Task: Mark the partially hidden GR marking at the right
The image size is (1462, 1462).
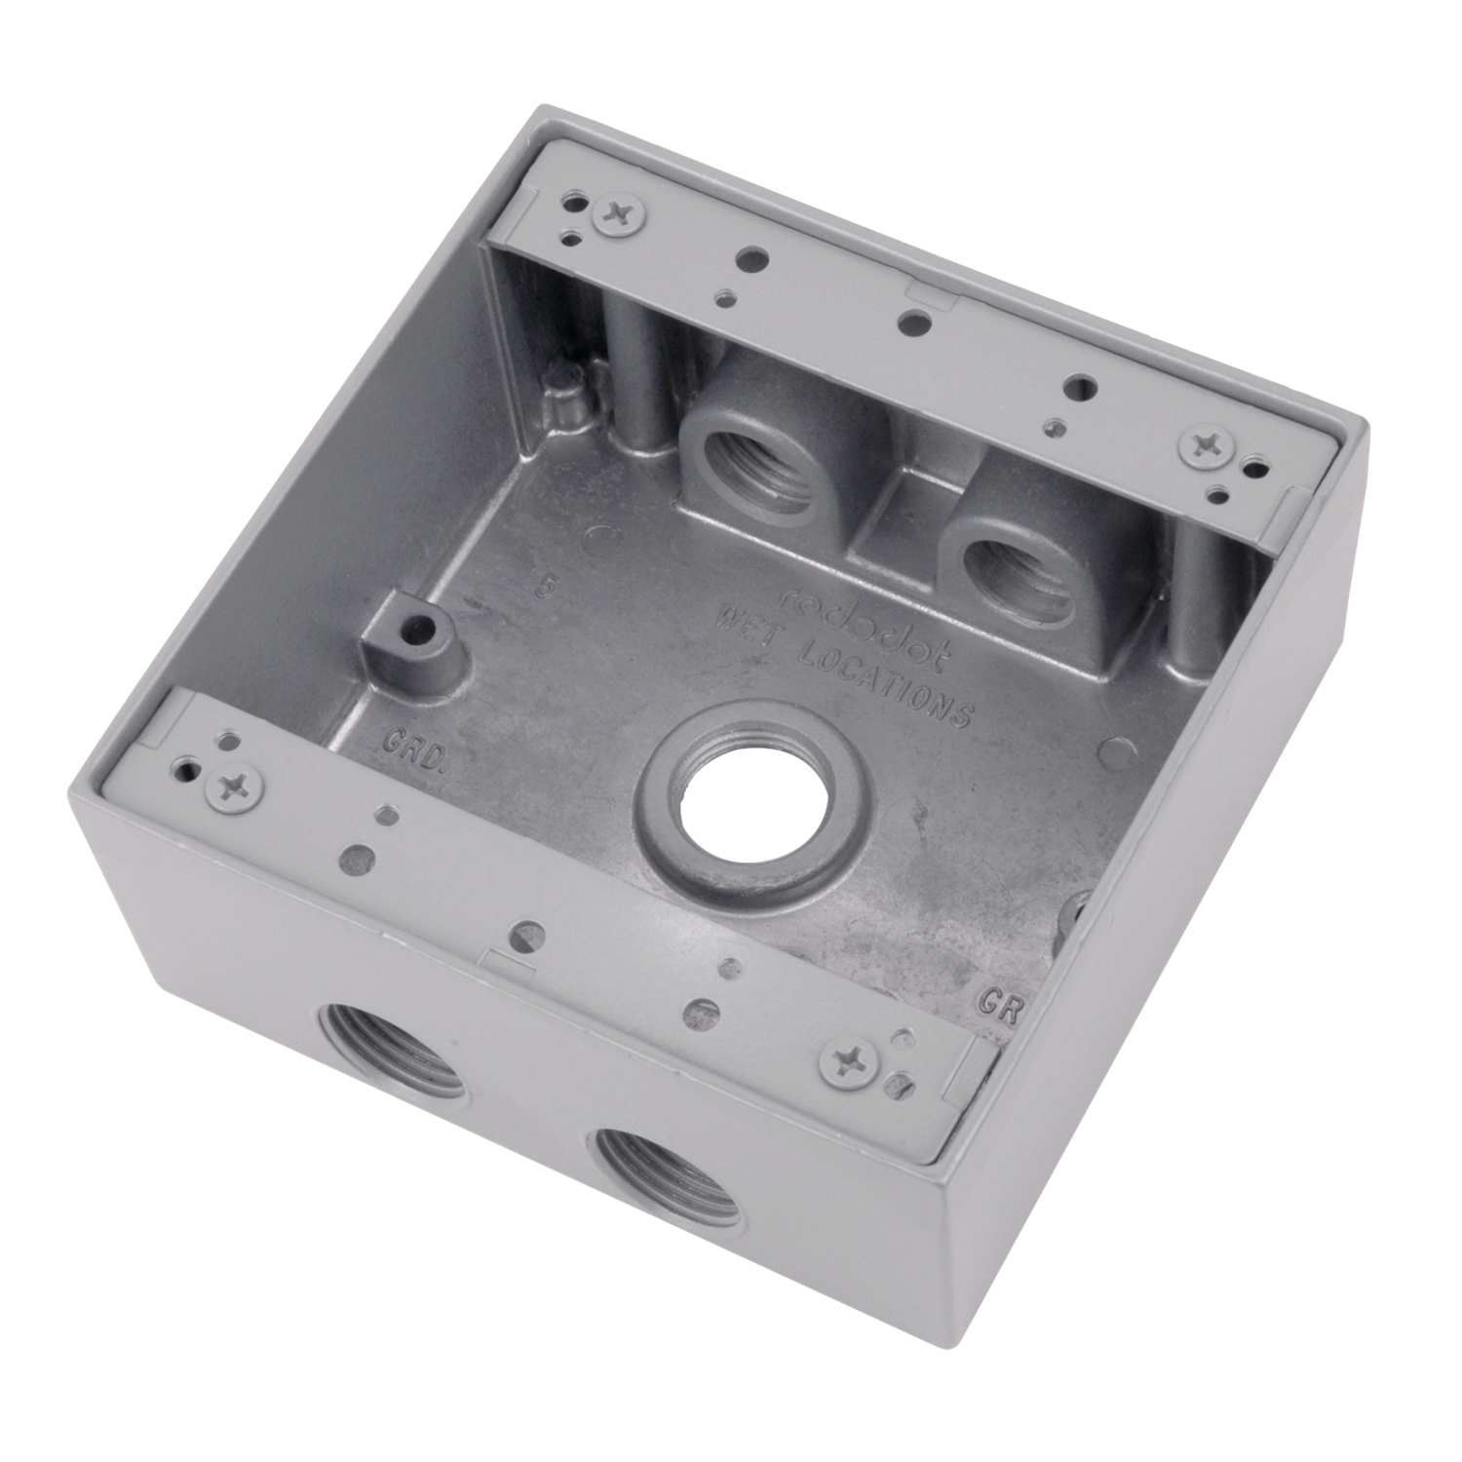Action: pyautogui.click(x=999, y=1002)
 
